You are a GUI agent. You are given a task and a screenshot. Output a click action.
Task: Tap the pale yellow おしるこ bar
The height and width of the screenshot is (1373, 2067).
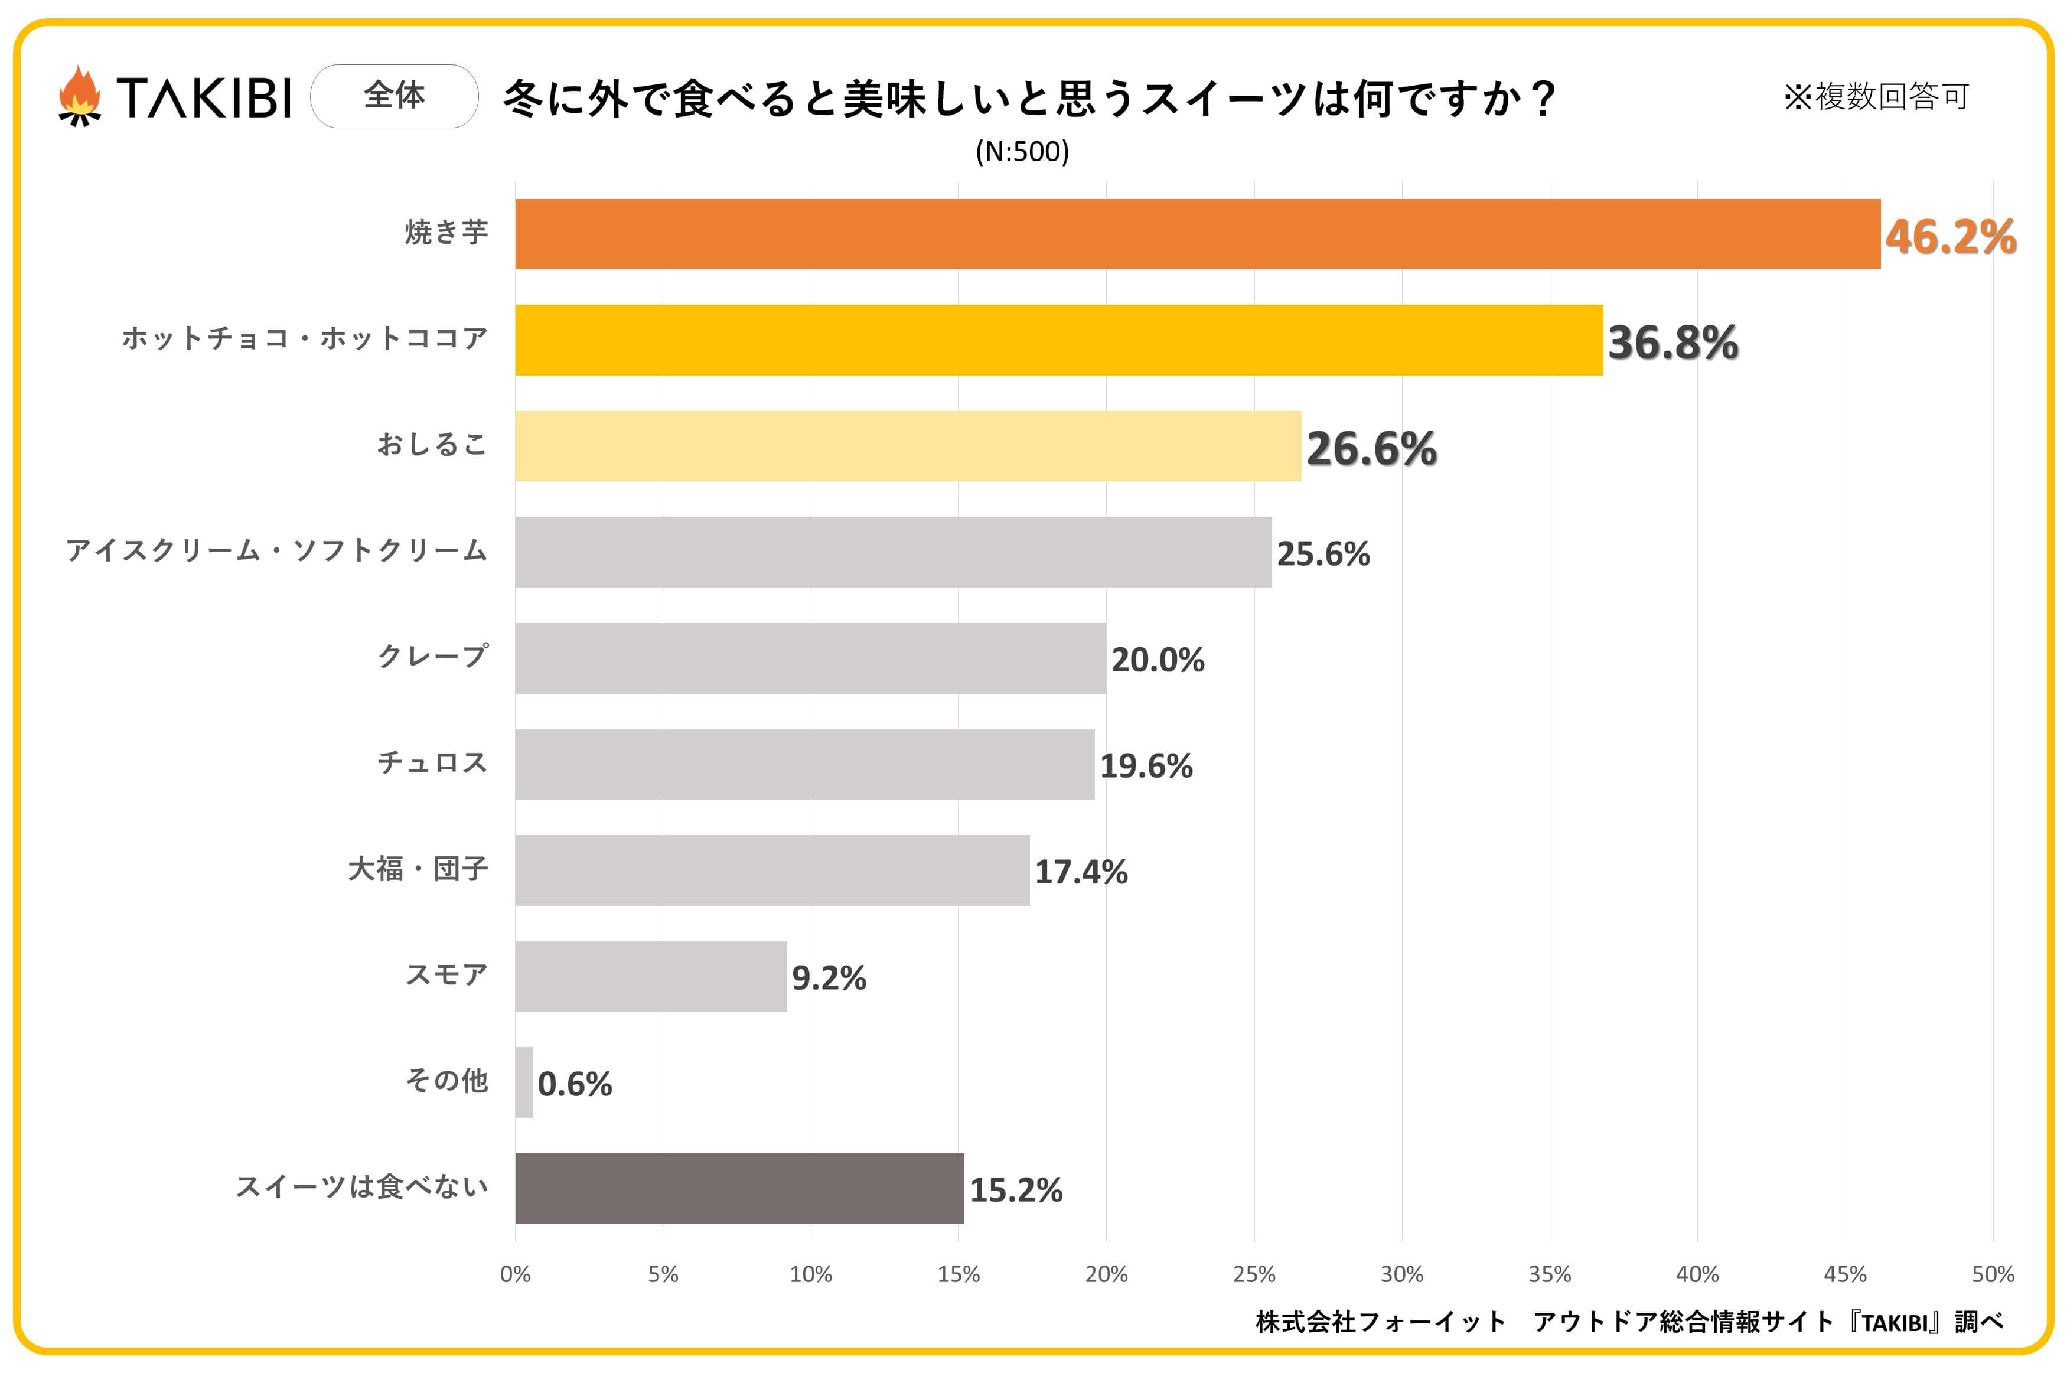click(908, 446)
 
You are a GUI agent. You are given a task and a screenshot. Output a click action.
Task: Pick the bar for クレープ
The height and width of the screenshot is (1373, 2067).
click(810, 658)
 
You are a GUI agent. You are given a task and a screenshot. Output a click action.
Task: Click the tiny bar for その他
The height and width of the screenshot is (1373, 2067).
click(523, 1082)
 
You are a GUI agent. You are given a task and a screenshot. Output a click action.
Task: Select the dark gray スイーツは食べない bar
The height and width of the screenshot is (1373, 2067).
click(739, 1188)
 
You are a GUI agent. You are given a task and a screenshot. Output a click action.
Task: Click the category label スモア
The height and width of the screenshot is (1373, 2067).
click(446, 974)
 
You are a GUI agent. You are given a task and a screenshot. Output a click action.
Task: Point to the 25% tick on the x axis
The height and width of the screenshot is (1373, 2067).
click(1254, 1274)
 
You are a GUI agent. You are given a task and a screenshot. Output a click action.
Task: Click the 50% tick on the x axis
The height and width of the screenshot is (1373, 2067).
click(1993, 1274)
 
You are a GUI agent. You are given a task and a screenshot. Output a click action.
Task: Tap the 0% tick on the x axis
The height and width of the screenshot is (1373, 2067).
click(515, 1274)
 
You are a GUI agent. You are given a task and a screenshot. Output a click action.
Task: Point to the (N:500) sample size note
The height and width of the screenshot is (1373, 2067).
click(1022, 152)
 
